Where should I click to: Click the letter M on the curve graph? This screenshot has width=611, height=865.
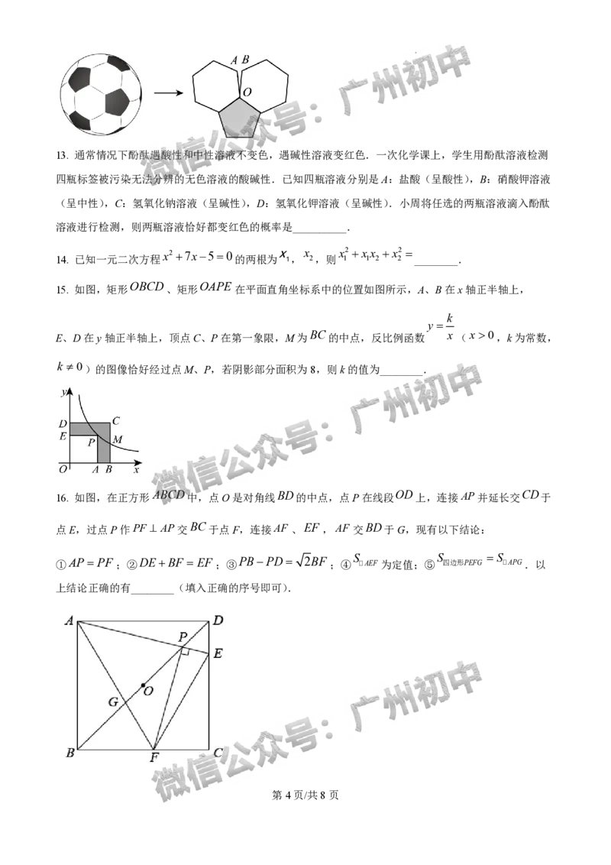click(x=118, y=440)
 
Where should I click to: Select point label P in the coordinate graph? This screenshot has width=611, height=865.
click(x=92, y=442)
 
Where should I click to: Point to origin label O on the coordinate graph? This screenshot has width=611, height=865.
click(x=63, y=469)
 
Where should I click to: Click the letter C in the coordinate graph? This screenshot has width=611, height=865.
click(x=115, y=420)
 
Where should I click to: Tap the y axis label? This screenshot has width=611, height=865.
click(x=61, y=392)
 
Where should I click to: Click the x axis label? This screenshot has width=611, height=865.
click(x=136, y=469)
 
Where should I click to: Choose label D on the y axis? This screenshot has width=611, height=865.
click(x=63, y=423)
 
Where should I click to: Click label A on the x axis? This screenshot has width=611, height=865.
click(x=95, y=470)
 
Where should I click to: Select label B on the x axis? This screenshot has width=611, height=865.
click(x=108, y=470)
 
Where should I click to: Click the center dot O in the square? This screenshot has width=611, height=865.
click(x=143, y=685)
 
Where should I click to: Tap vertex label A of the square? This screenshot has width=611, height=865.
click(x=69, y=620)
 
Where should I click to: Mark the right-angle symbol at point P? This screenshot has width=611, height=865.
click(x=184, y=650)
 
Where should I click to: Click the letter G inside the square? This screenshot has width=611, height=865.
click(x=112, y=701)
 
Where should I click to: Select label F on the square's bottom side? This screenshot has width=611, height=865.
click(x=154, y=758)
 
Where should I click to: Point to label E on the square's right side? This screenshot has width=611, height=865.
click(x=218, y=653)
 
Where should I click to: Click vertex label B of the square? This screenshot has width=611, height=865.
click(x=70, y=753)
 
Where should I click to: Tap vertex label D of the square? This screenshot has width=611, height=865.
click(x=218, y=620)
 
